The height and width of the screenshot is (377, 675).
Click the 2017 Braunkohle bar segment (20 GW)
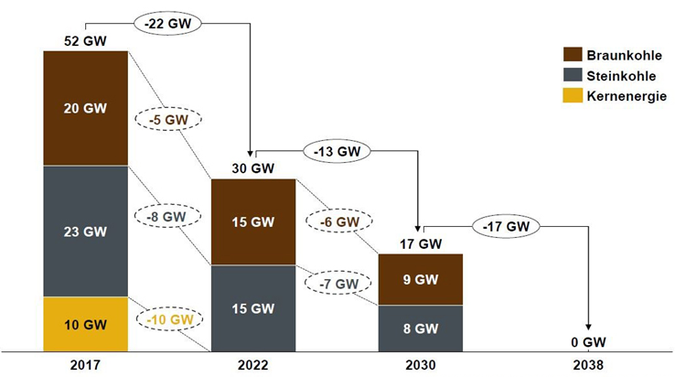pos(85,108)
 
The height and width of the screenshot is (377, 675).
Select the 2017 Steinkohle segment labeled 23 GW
pos(85,232)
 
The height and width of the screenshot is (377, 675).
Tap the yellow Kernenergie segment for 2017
pos(85,324)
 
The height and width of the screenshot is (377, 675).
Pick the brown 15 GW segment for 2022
pos(253,222)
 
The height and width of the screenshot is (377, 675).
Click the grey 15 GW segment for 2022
pos(253,308)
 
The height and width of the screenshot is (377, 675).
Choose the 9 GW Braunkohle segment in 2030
pos(421,280)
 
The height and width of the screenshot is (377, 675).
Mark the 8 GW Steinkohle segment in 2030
pos(421,329)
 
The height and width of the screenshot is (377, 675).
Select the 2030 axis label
pos(421,364)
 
